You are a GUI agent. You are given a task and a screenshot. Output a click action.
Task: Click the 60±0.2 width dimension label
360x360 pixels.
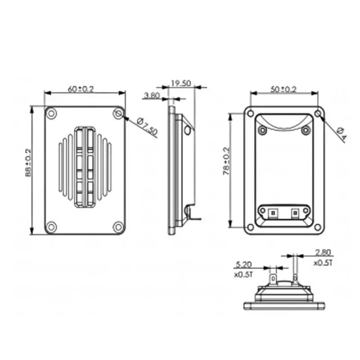coord(81,89)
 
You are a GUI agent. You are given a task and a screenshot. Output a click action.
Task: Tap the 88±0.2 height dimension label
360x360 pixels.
coord(28,163)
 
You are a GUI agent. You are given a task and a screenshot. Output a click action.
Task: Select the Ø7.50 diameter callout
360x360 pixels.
coord(147,126)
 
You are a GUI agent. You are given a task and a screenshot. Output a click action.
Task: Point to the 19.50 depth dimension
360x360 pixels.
coord(181,83)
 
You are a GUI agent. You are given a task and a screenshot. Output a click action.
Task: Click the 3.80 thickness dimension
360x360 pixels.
coord(152,95)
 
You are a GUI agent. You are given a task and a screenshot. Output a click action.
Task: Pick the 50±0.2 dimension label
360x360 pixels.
coord(283,89)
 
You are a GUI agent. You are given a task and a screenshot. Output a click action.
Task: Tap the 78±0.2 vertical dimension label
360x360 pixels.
coord(226,161)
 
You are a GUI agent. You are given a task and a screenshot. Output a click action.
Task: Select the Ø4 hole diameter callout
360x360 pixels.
coord(342,134)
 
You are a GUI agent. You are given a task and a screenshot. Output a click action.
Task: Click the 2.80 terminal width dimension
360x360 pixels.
coord(323,252)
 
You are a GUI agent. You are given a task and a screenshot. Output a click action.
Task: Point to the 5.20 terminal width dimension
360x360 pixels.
coord(244,265)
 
